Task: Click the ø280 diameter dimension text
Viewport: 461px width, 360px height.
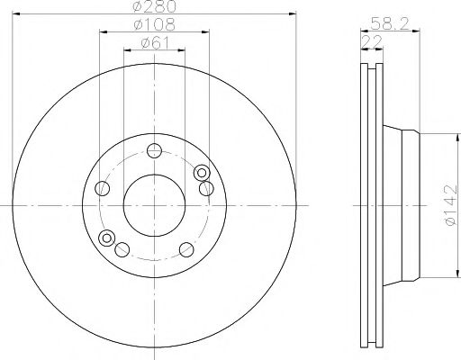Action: click(153, 8)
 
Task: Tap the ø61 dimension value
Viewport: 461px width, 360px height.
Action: click(153, 43)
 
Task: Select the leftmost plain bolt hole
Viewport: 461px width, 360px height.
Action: click(103, 188)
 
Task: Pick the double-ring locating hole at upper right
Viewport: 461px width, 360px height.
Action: click(202, 173)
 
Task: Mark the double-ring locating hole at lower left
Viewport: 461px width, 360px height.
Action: click(108, 238)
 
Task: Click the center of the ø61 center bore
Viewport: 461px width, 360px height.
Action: click(154, 205)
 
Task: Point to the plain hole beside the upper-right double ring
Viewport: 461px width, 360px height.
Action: click(206, 187)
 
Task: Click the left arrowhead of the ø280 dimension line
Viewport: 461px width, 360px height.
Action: click(16, 15)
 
